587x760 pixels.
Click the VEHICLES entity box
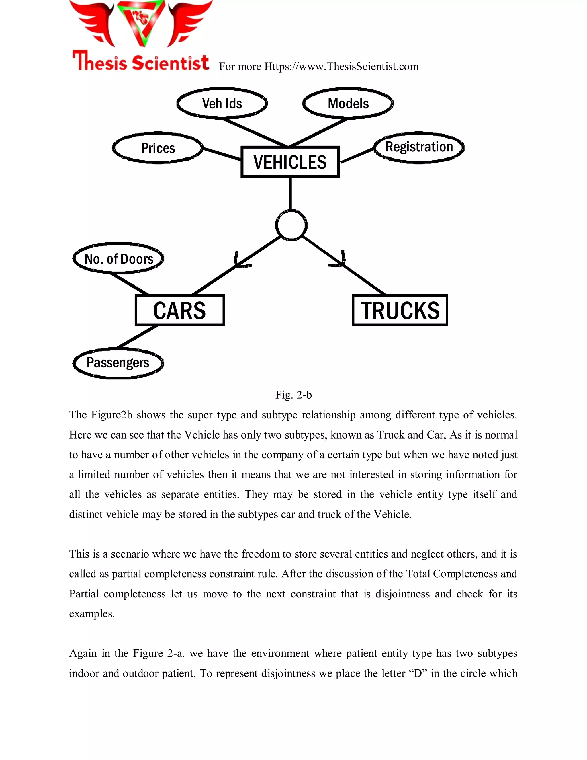(x=290, y=162)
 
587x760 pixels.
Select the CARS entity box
(x=179, y=310)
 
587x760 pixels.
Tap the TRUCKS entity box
(x=400, y=310)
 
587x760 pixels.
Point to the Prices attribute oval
(x=158, y=148)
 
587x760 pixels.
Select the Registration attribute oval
(x=419, y=147)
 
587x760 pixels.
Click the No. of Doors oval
(x=119, y=259)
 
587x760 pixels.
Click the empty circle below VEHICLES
(x=291, y=225)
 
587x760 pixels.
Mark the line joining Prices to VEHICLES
(x=222, y=154)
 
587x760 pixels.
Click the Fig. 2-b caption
(x=293, y=395)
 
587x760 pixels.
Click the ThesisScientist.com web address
(x=341, y=67)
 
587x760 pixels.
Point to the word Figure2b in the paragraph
(x=111, y=415)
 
